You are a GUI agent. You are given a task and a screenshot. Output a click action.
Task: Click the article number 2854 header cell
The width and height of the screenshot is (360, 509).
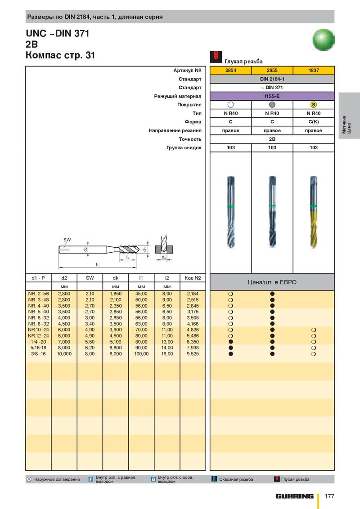[230, 71]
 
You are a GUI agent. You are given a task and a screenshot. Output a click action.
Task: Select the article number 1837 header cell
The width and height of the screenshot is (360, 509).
[314, 71]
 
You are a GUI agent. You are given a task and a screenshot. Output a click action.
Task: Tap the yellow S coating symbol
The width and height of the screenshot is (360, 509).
[314, 105]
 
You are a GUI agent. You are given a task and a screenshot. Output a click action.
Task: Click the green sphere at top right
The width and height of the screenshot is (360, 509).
[324, 40]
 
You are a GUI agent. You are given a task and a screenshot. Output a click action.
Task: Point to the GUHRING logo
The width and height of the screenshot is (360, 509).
[295, 496]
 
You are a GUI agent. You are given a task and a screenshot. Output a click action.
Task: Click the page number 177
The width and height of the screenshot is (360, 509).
[329, 496]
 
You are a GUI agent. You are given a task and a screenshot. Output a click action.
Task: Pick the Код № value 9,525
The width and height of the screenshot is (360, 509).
[193, 354]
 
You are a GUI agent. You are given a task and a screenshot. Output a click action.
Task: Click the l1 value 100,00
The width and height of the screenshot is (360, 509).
[141, 354]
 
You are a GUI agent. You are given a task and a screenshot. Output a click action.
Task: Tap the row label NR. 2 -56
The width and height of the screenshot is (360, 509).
[38, 294]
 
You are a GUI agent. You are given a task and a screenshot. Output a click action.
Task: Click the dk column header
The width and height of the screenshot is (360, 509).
[115, 278]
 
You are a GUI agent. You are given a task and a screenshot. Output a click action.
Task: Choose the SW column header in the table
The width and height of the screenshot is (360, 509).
[90, 278]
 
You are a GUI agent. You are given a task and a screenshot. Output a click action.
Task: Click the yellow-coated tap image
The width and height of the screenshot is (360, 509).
[314, 211]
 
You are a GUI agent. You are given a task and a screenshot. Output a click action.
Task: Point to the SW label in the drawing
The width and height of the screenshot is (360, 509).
[67, 240]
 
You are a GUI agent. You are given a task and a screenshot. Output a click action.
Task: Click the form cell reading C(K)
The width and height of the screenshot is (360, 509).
[314, 122]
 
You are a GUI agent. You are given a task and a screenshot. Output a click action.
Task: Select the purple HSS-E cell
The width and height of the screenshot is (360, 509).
[272, 96]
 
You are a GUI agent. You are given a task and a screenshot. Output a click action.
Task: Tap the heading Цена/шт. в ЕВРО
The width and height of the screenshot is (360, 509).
[272, 282]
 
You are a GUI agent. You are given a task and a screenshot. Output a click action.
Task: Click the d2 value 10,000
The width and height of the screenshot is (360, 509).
[64, 354]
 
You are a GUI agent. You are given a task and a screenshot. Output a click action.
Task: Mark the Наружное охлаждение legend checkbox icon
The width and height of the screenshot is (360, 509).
[29, 479]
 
